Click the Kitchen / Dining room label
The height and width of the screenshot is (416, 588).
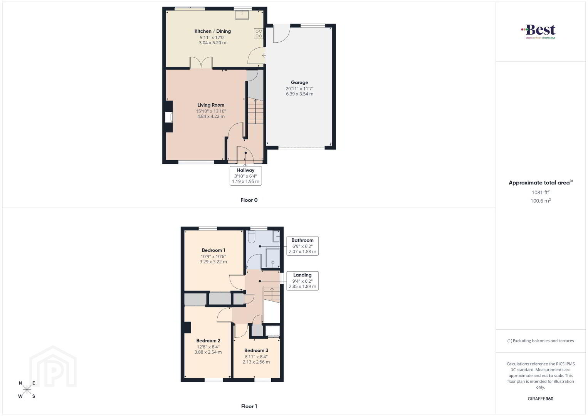coord(212,31)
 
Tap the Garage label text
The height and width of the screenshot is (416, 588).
coord(299,82)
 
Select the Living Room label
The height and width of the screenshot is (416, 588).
coord(211,105)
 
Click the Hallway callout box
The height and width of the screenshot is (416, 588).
coord(245,176)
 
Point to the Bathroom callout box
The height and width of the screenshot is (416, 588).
coord(302,246)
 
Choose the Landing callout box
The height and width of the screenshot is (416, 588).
coord(302,281)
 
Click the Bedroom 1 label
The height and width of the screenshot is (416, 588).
coord(213,250)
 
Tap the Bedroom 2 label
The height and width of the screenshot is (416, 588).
coord(208,341)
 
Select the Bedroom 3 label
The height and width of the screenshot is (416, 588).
coord(256,351)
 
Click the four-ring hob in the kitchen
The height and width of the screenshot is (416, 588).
coord(259,34)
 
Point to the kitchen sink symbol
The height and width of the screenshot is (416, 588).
coord(242,14)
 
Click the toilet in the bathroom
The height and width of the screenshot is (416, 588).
coord(252,236)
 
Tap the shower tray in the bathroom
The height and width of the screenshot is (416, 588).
coord(273,258)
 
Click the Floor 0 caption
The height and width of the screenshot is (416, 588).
coord(249,200)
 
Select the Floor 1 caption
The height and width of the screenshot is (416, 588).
coord(249,406)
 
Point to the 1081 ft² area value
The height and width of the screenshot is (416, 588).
coord(540,192)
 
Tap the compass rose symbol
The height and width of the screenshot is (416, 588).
coord(27,389)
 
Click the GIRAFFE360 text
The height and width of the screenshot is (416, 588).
coord(540,399)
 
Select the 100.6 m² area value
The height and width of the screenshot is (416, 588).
coord(541,201)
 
